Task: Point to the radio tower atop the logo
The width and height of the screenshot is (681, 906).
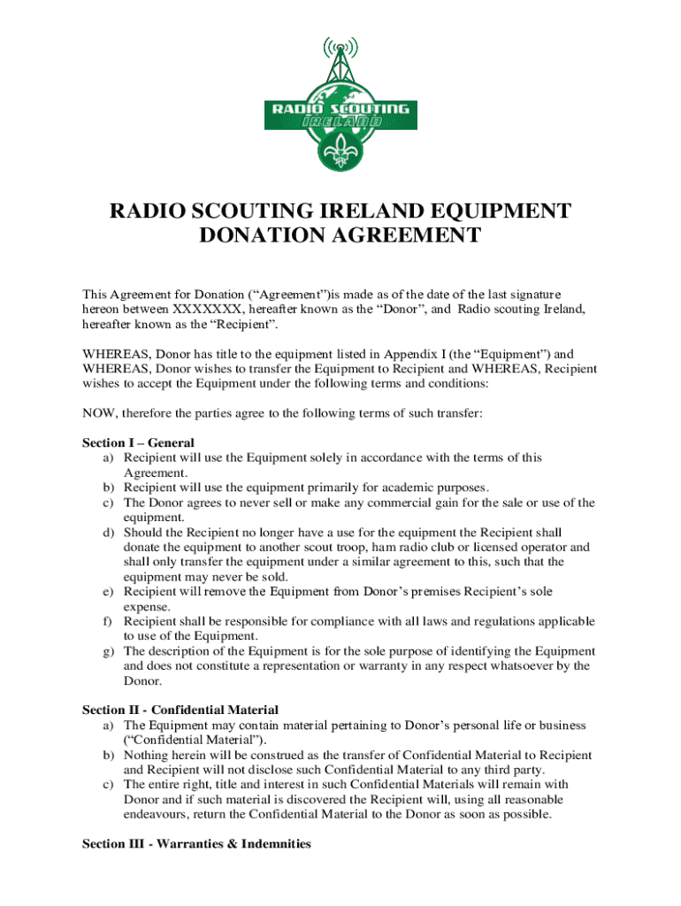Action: click(340, 58)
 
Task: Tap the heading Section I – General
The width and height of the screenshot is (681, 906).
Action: click(138, 442)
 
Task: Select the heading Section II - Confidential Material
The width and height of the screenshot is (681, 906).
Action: click(180, 710)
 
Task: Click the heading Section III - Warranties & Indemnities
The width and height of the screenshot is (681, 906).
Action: click(196, 844)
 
